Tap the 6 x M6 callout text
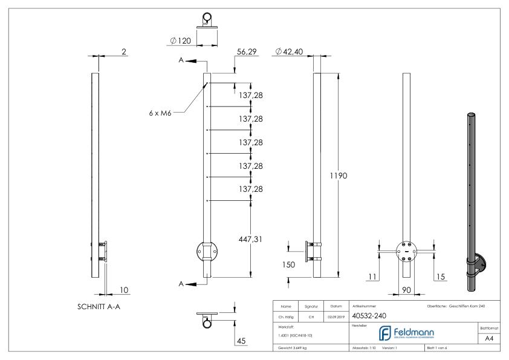point(161,112)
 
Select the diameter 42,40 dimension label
point(289,52)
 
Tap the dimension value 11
point(372,277)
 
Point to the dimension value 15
point(441,277)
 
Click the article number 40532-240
point(369,315)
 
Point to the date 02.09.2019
point(336,315)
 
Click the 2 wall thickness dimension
point(124,52)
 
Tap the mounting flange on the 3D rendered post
point(481,264)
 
